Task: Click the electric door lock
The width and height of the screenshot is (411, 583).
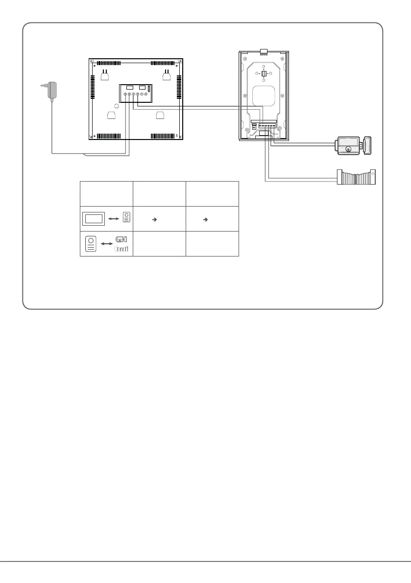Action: click(x=352, y=146)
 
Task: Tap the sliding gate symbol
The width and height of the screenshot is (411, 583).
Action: click(x=356, y=177)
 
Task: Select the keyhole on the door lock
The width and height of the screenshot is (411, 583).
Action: click(x=348, y=148)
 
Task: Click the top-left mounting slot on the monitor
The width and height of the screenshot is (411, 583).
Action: click(x=104, y=74)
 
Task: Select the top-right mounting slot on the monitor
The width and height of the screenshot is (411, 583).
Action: click(x=167, y=74)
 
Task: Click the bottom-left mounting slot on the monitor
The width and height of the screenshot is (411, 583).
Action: click(x=111, y=116)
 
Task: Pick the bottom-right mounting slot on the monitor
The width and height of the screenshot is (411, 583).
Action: click(x=160, y=116)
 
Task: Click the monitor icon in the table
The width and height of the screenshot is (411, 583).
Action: click(x=95, y=218)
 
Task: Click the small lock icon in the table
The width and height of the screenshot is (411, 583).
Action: click(x=121, y=239)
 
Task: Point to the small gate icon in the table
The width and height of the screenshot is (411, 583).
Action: click(x=121, y=249)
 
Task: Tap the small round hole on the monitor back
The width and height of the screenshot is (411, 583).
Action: click(x=116, y=106)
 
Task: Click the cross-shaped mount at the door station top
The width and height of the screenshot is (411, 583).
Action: click(x=263, y=74)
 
